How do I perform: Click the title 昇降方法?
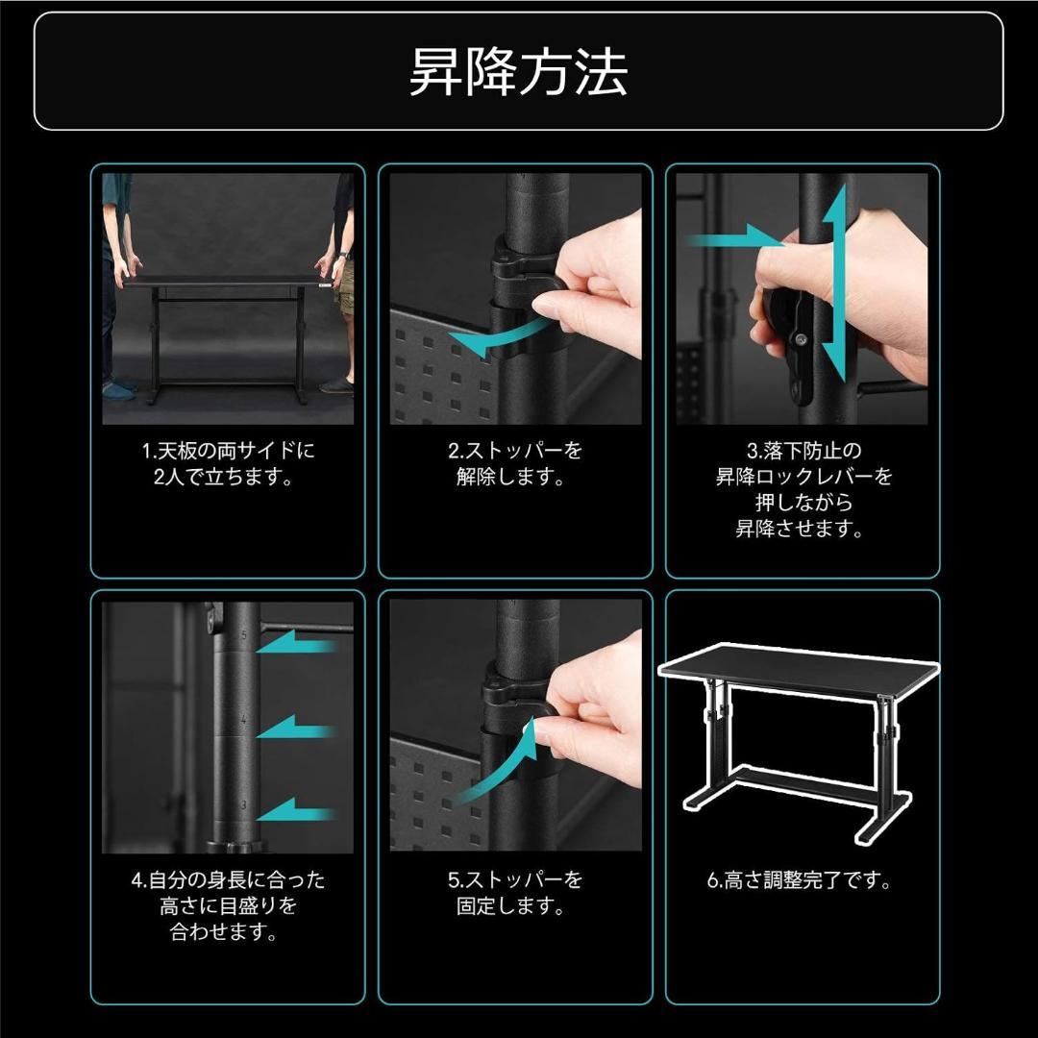(518, 72)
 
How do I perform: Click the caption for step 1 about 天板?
(228, 463)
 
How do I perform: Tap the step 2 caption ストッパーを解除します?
(516, 463)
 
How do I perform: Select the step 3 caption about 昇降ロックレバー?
(803, 489)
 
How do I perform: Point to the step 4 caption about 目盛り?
(228, 905)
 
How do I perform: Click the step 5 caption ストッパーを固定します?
(516, 893)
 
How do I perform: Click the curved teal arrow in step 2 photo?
(500, 336)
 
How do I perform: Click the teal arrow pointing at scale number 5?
(298, 647)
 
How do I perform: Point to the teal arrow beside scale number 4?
(298, 729)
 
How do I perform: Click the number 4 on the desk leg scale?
(244, 720)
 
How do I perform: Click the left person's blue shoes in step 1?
(119, 391)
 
